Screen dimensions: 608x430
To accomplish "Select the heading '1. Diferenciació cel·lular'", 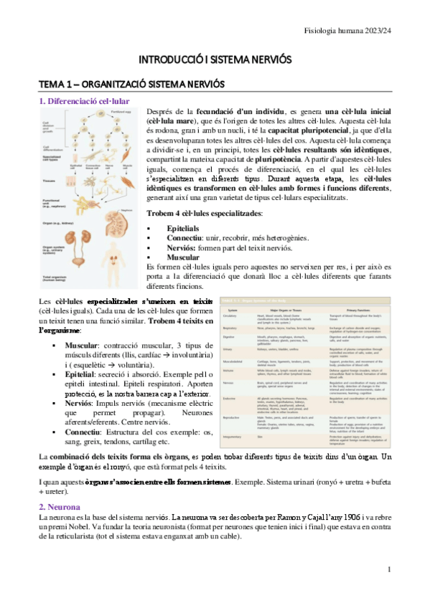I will pos(84,101).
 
